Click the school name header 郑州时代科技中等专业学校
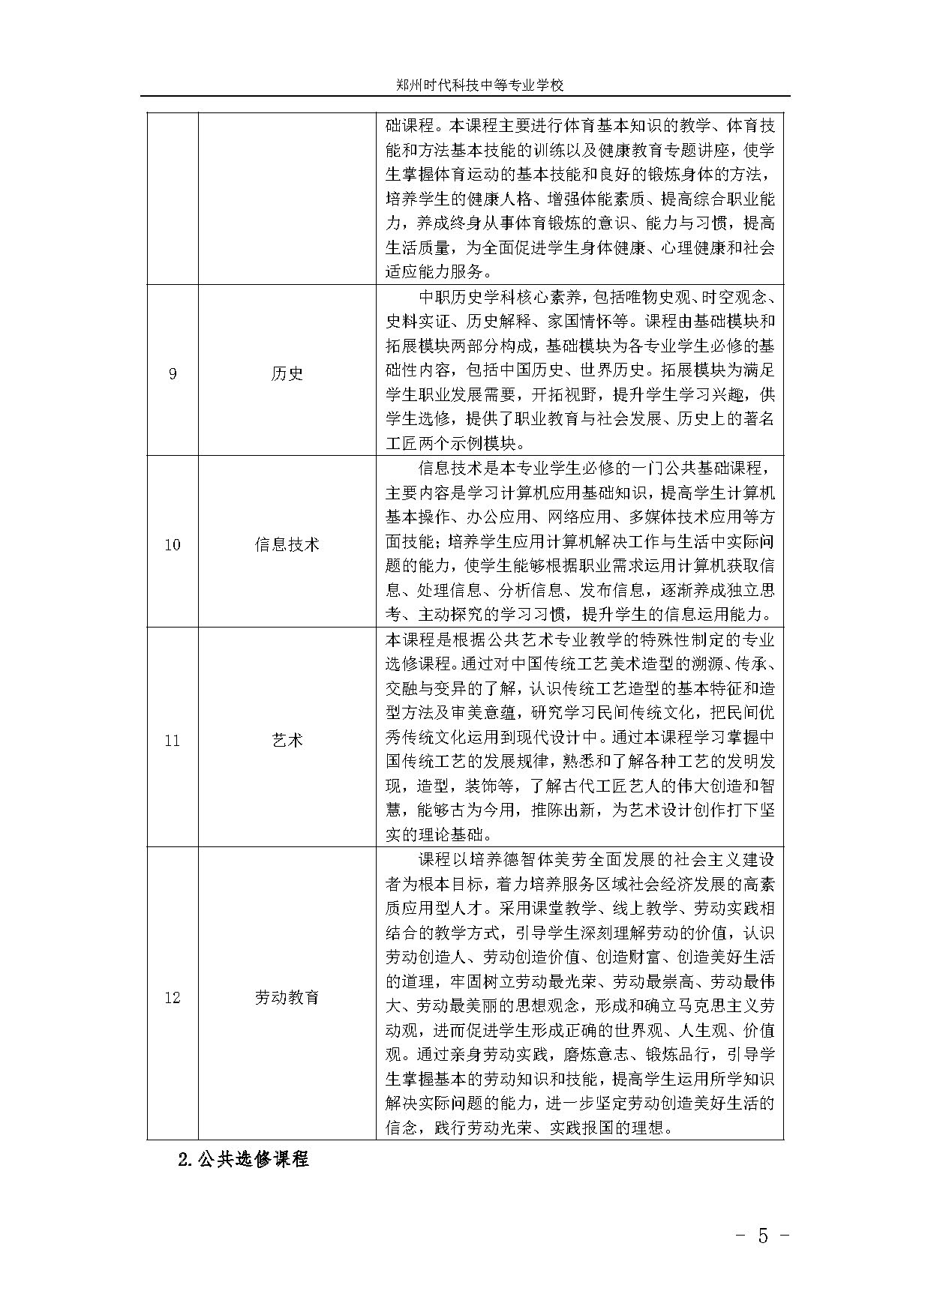480,85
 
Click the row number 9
173,373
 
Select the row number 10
173,544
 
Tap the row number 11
173,741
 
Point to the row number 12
173,998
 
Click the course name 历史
287,373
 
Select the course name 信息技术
287,544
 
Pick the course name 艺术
287,741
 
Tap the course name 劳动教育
287,998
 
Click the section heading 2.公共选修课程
244,1158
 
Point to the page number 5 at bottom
763,1236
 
